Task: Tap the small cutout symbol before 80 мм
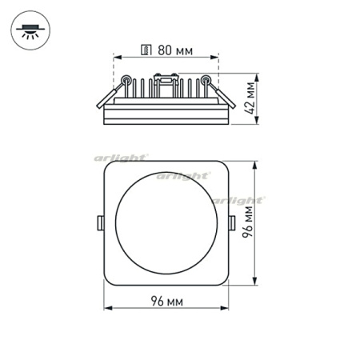click(145, 50)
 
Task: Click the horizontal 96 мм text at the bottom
click(166, 301)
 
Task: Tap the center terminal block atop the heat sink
click(166, 78)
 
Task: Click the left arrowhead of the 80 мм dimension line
click(116, 58)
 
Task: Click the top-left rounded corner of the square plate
click(109, 167)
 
